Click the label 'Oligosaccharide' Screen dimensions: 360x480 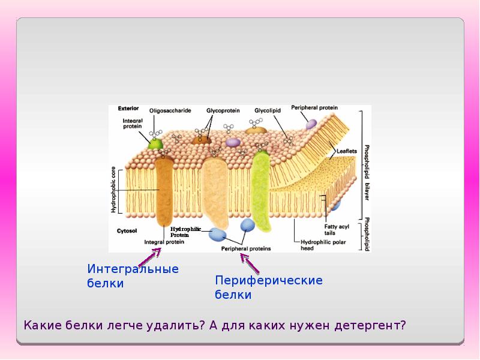[x=170, y=110]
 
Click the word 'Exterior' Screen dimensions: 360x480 [x=128, y=109]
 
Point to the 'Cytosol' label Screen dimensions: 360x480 [x=126, y=230]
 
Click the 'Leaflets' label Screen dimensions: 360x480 [x=347, y=151]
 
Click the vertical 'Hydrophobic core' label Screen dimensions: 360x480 [x=112, y=191]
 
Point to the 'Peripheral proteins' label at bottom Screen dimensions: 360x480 [x=246, y=248]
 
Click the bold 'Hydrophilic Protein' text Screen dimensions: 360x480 [x=184, y=232]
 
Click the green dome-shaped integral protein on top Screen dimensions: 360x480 [x=155, y=143]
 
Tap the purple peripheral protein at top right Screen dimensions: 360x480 [x=311, y=124]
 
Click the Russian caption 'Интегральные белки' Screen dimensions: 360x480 [x=133, y=276]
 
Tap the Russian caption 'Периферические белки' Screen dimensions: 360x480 [x=269, y=287]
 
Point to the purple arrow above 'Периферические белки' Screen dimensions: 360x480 [x=250, y=263]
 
